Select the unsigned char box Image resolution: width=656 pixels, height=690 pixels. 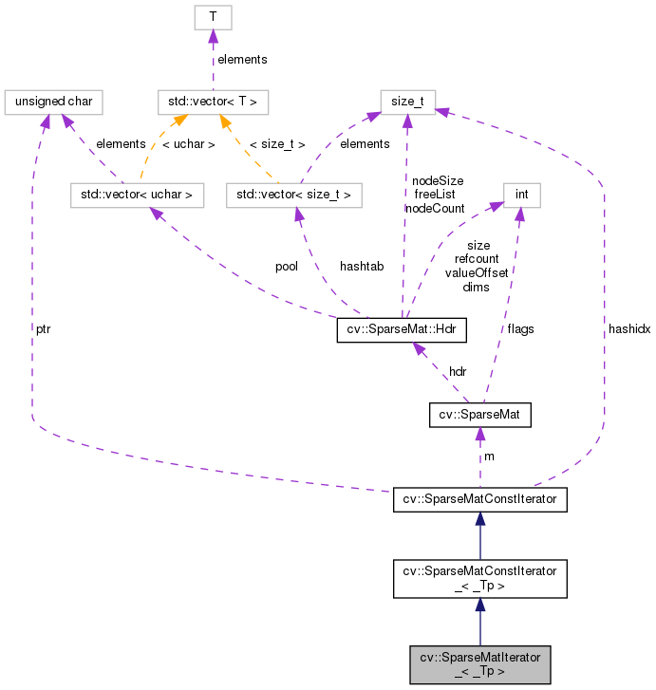point(52,100)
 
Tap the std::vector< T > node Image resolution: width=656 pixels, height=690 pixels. point(215,100)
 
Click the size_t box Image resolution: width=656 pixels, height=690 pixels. point(408,100)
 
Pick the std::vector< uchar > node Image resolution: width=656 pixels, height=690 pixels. point(138,196)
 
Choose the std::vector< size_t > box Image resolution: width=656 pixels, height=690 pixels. point(294,196)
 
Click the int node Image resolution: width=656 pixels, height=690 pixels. point(521,196)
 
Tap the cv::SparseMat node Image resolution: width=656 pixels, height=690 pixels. point(479,416)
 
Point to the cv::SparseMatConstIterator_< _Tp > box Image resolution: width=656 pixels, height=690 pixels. point(480,578)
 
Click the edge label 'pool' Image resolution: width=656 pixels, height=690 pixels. point(286,267)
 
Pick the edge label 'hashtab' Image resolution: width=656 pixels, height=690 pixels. point(362,267)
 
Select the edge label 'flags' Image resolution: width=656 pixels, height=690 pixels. point(520,329)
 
